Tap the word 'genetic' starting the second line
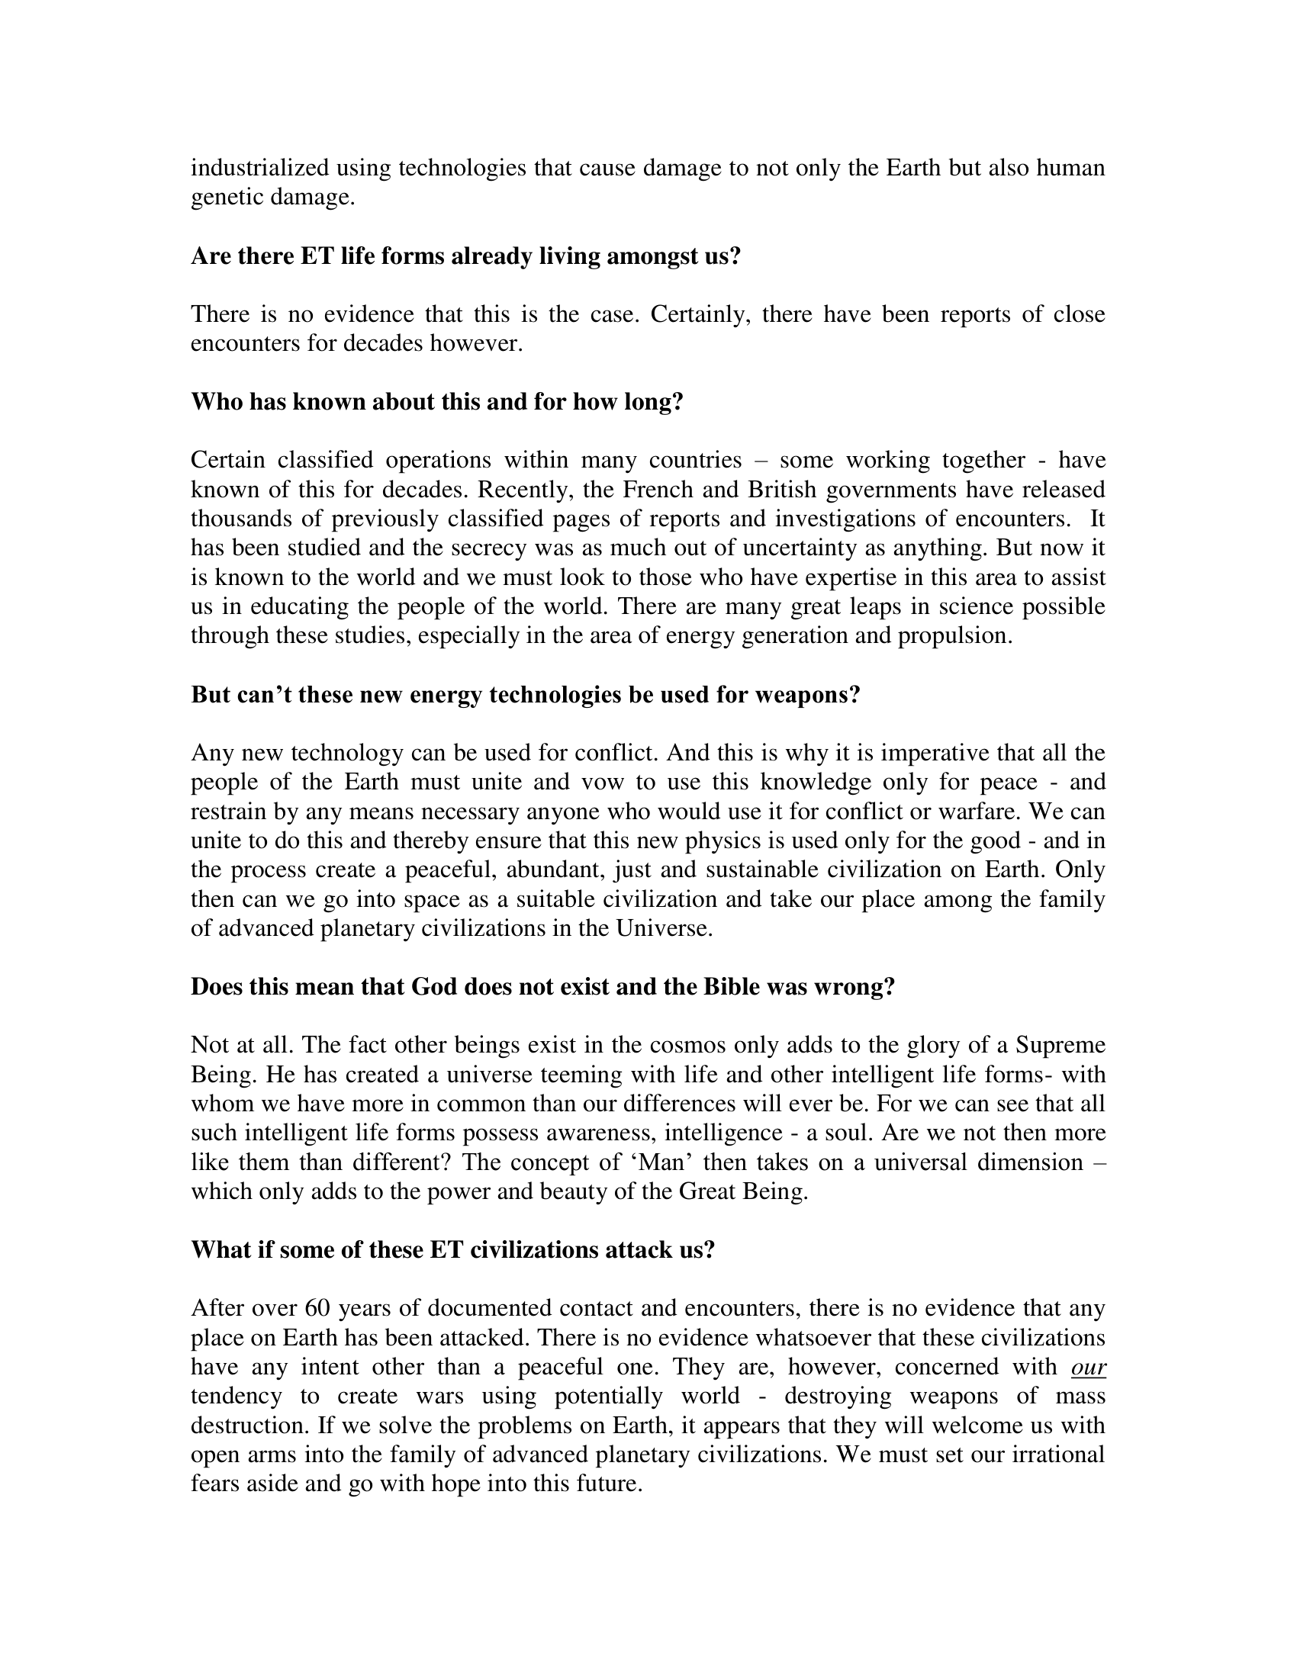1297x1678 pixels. click(226, 198)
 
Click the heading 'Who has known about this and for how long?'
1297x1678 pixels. click(436, 402)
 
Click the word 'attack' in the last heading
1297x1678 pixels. click(639, 1250)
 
